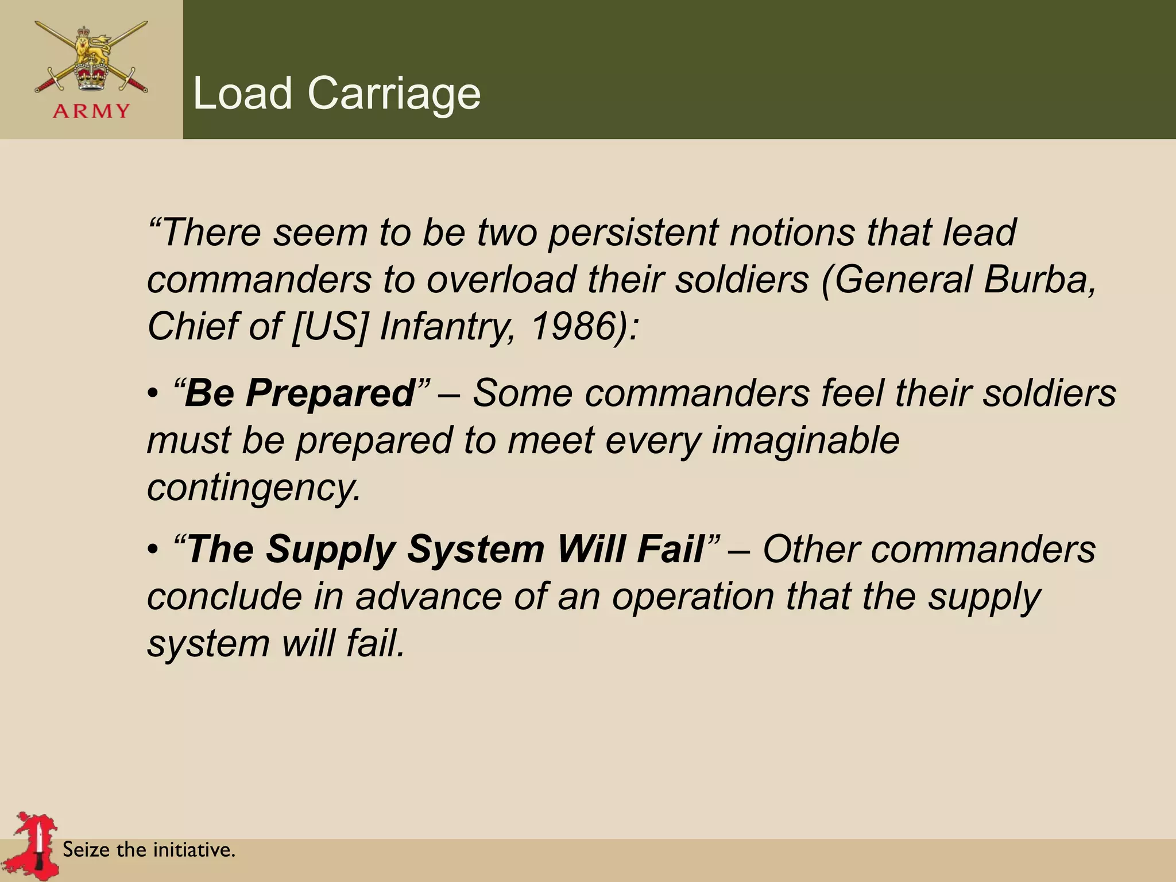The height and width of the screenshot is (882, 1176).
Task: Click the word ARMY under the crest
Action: [91, 110]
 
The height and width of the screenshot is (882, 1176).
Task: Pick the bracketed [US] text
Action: [328, 326]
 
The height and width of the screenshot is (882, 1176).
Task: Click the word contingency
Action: [253, 488]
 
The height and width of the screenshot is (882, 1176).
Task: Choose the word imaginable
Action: [805, 441]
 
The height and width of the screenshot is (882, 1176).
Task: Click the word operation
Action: [692, 597]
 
